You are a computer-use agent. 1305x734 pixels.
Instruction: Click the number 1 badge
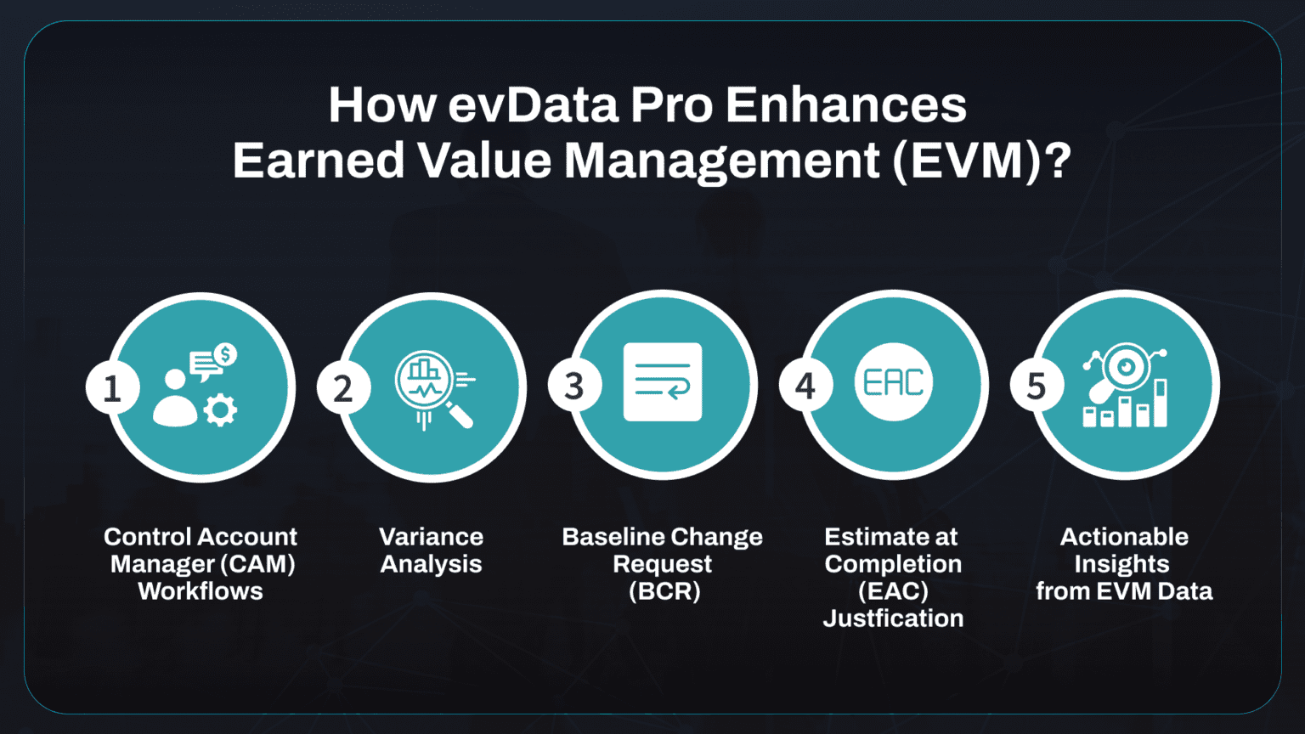[112, 388]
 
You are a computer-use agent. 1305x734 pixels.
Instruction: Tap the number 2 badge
[343, 388]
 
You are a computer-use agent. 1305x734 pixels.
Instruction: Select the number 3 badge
[574, 387]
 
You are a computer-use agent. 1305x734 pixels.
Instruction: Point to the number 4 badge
[805, 387]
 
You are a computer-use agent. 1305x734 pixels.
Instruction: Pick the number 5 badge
[1037, 386]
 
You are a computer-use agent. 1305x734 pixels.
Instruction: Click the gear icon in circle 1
[221, 410]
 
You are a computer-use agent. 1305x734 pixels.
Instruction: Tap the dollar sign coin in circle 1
[225, 353]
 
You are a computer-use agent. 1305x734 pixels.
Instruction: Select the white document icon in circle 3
[663, 382]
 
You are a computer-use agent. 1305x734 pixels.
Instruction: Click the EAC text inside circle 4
[893, 382]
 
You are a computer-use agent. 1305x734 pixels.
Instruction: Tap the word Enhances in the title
[845, 105]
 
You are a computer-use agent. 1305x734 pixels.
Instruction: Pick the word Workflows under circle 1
[201, 591]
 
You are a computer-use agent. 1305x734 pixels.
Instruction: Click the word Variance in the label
[431, 537]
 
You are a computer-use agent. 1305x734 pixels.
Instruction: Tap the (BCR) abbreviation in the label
[664, 591]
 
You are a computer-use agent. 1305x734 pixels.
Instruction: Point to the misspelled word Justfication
[893, 618]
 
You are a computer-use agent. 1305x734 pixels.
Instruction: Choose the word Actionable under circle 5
[1124, 537]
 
